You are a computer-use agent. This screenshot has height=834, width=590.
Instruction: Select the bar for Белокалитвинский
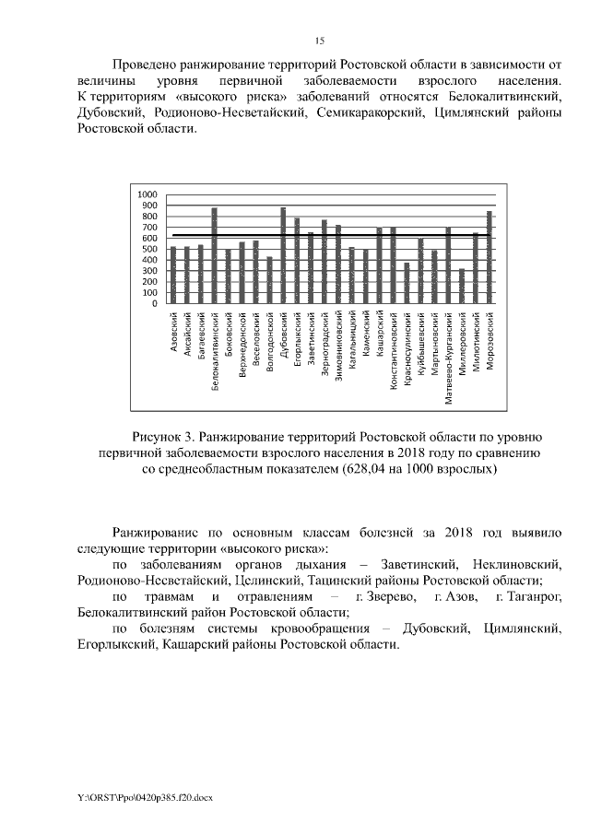pos(215,255)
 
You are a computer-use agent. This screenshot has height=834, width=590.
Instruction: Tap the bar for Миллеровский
pos(462,286)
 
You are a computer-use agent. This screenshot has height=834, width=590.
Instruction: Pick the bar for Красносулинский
pos(407,283)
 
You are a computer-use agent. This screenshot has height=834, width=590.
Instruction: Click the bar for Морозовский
pos(490,257)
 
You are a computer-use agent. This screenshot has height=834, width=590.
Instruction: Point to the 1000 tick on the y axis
pos(147,195)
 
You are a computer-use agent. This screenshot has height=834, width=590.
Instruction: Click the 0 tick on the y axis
pos(154,303)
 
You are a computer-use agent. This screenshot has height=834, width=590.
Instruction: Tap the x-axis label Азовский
pos(174,331)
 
